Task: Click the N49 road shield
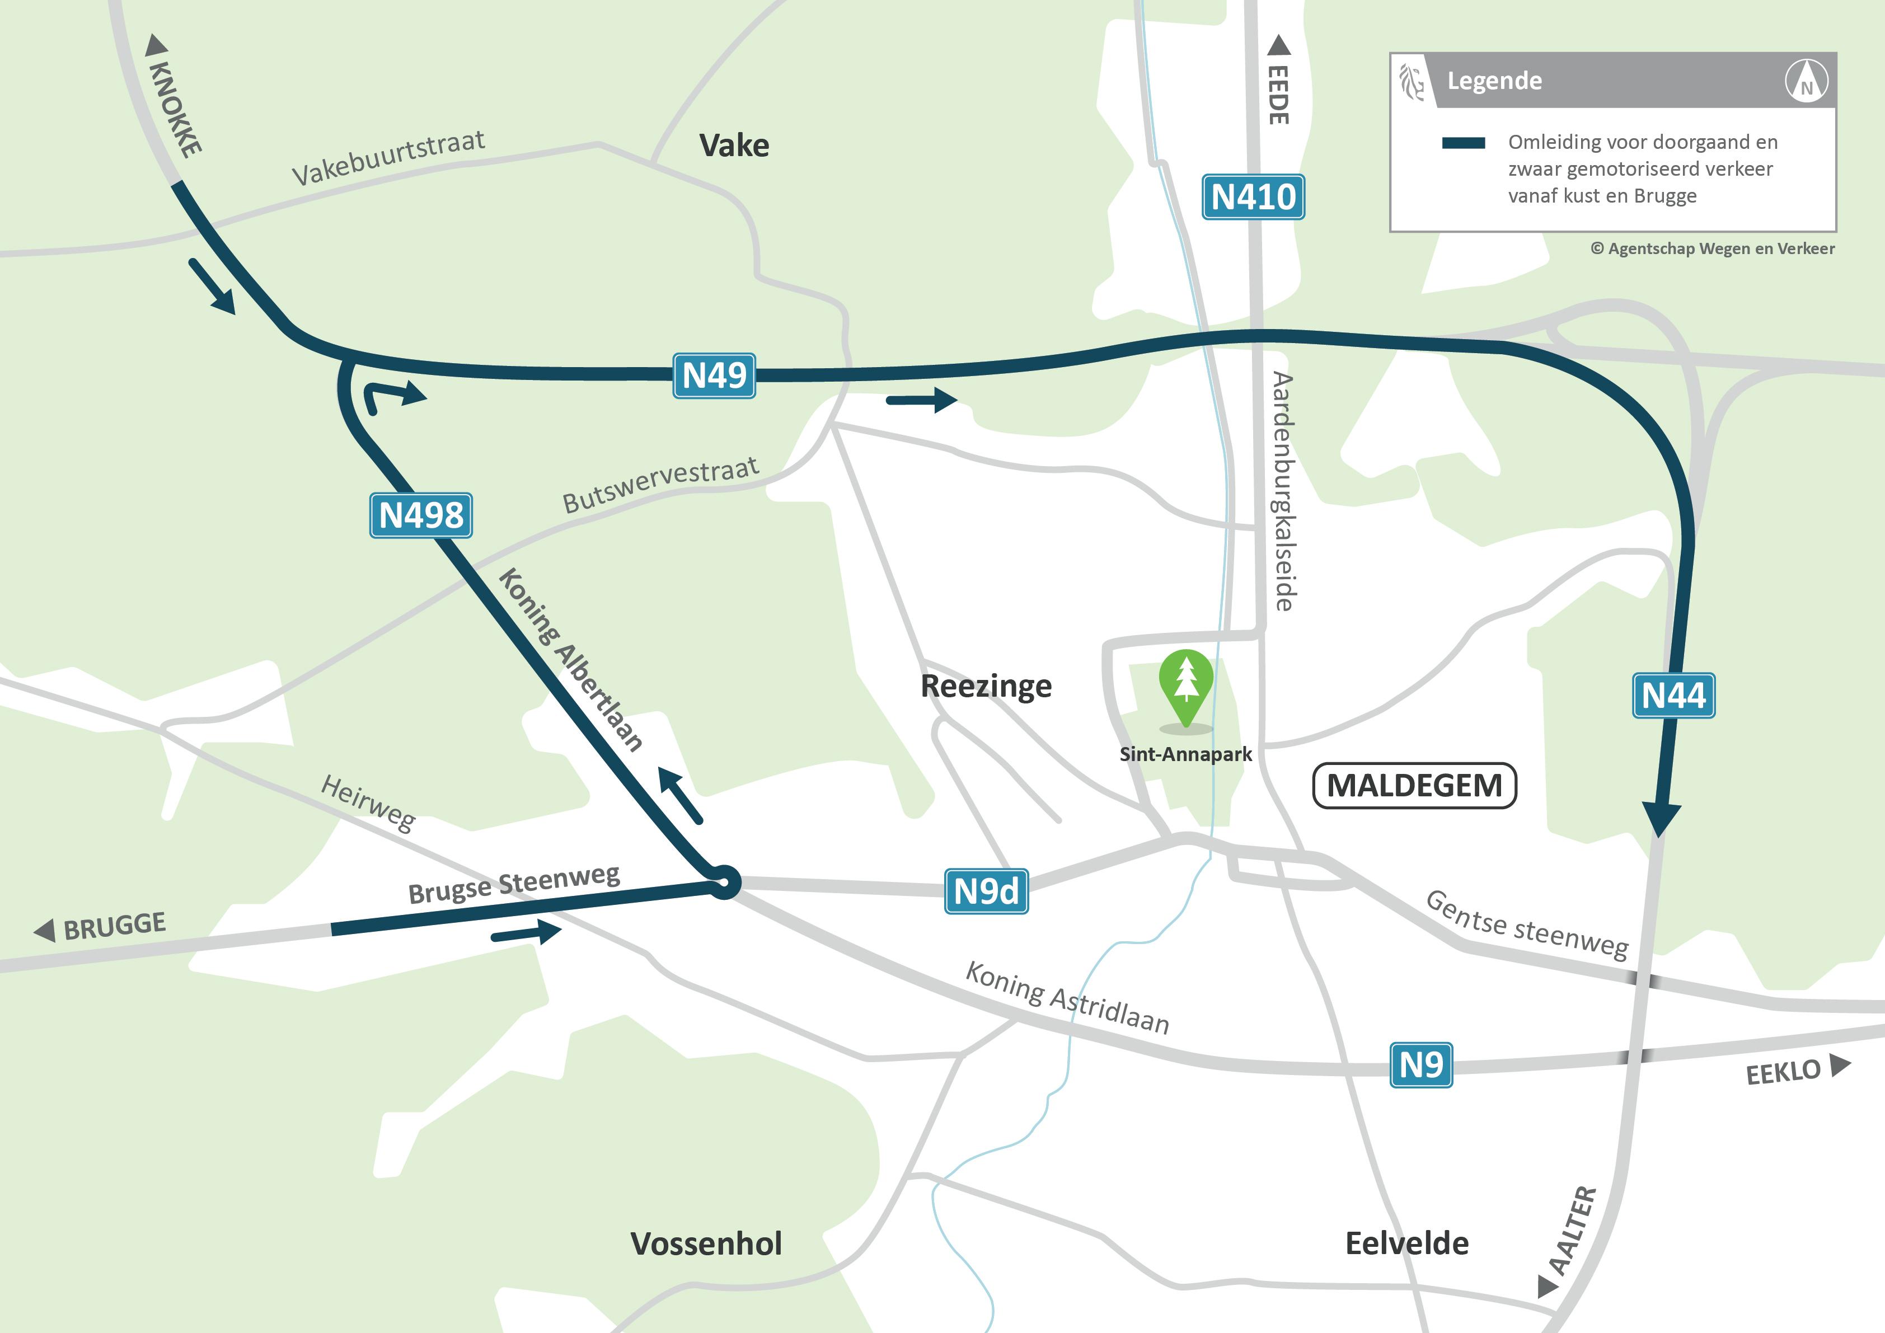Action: [x=714, y=376]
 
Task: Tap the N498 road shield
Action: [x=420, y=515]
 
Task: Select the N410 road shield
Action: [x=1253, y=197]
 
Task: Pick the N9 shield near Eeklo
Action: [x=1421, y=1066]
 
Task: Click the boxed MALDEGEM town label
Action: [x=1414, y=786]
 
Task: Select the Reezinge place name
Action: [x=986, y=686]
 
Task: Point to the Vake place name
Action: [x=734, y=146]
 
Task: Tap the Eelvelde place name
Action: [x=1406, y=1243]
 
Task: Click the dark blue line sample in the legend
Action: [x=1463, y=143]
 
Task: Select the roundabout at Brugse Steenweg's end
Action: [x=724, y=883]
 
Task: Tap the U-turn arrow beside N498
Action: [x=392, y=396]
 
